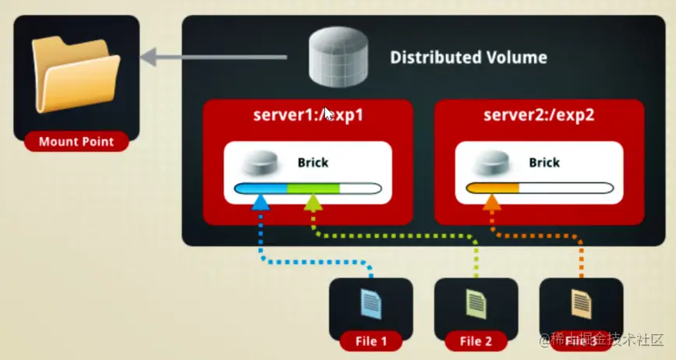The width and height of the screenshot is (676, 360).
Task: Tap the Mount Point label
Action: pyautogui.click(x=76, y=142)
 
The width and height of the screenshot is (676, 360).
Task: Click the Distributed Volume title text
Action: pyautogui.click(x=468, y=58)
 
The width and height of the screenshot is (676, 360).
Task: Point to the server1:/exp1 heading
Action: pyautogui.click(x=308, y=115)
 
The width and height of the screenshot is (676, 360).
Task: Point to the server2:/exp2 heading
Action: pyautogui.click(x=539, y=115)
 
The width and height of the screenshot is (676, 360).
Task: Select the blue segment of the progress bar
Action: pyautogui.click(x=261, y=188)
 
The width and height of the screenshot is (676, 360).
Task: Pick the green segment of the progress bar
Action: pyautogui.click(x=313, y=188)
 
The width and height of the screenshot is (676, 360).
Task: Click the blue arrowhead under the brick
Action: pyautogui.click(x=261, y=203)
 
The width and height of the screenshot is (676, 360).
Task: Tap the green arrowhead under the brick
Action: pyautogui.click(x=313, y=203)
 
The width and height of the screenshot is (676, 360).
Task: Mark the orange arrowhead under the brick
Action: pyautogui.click(x=491, y=203)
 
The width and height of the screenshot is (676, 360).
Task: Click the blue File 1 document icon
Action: pyautogui.click(x=371, y=303)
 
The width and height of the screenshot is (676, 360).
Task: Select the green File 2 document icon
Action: pyautogui.click(x=476, y=303)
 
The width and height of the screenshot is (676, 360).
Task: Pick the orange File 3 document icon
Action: pyautogui.click(x=580, y=303)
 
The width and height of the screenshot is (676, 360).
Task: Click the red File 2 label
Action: pyautogui.click(x=476, y=341)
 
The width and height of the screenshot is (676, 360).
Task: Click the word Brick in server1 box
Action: pyautogui.click(x=313, y=163)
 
